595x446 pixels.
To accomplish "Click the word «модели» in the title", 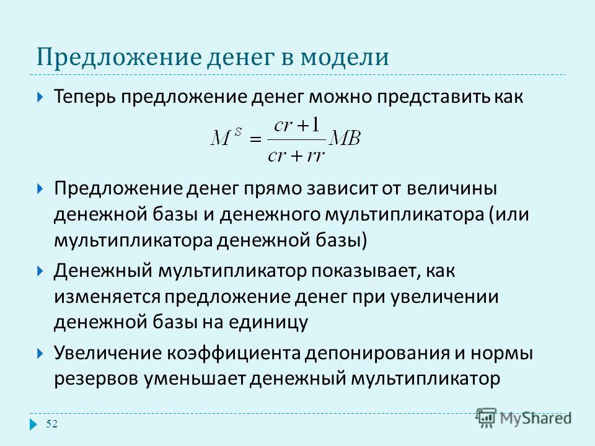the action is (345, 57).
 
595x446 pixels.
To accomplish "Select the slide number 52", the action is (51, 424).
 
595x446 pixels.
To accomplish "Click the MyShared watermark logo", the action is (524, 418).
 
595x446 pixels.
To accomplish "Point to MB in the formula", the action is (345, 138).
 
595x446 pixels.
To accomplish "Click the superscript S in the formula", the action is (238, 131).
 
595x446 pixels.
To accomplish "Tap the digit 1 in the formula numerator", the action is (315, 125).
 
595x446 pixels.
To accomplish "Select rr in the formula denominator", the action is (315, 155).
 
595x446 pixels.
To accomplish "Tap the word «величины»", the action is (452, 188).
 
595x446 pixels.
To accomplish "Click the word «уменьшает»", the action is (194, 379).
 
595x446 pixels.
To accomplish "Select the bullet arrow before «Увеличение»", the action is (41, 354).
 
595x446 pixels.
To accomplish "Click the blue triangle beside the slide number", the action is (33, 424).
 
